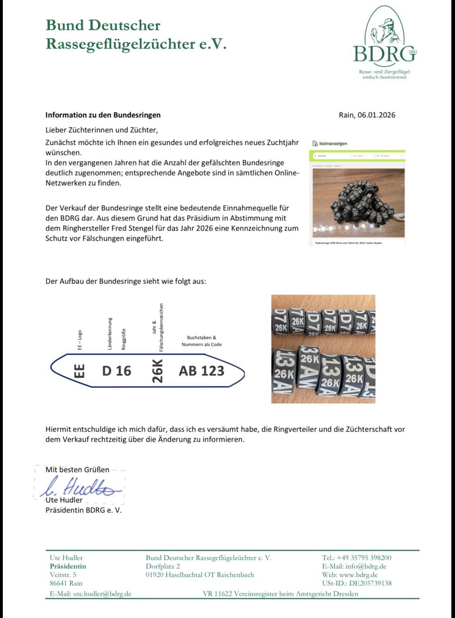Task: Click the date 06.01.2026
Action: (x=376, y=115)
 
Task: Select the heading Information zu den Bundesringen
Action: (x=103, y=115)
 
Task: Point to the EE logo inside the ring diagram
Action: (x=80, y=371)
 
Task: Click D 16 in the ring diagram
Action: (x=116, y=370)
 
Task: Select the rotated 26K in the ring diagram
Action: (x=157, y=371)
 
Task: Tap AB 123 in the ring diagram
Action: (x=201, y=370)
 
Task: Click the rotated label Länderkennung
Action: (x=110, y=334)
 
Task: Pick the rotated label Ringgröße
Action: (x=124, y=339)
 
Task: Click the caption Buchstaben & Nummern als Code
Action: (x=201, y=341)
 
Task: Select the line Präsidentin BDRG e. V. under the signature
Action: (x=83, y=510)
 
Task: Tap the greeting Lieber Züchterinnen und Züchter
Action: (x=101, y=130)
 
